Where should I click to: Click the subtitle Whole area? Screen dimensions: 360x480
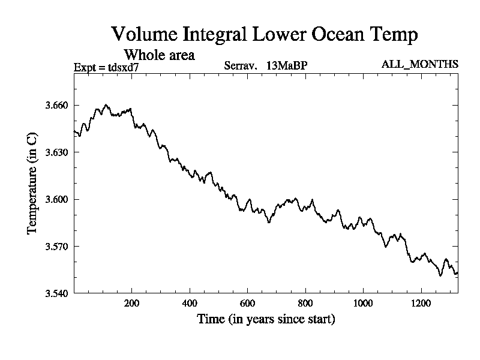click(x=159, y=55)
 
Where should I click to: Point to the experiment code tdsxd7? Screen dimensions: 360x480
click(x=124, y=67)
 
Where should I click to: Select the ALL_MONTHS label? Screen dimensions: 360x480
click(x=420, y=64)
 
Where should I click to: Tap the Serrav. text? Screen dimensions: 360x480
click(x=241, y=66)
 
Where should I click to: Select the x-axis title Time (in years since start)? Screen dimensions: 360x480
click(x=266, y=319)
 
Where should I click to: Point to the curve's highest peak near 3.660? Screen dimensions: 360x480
click(x=106, y=104)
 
